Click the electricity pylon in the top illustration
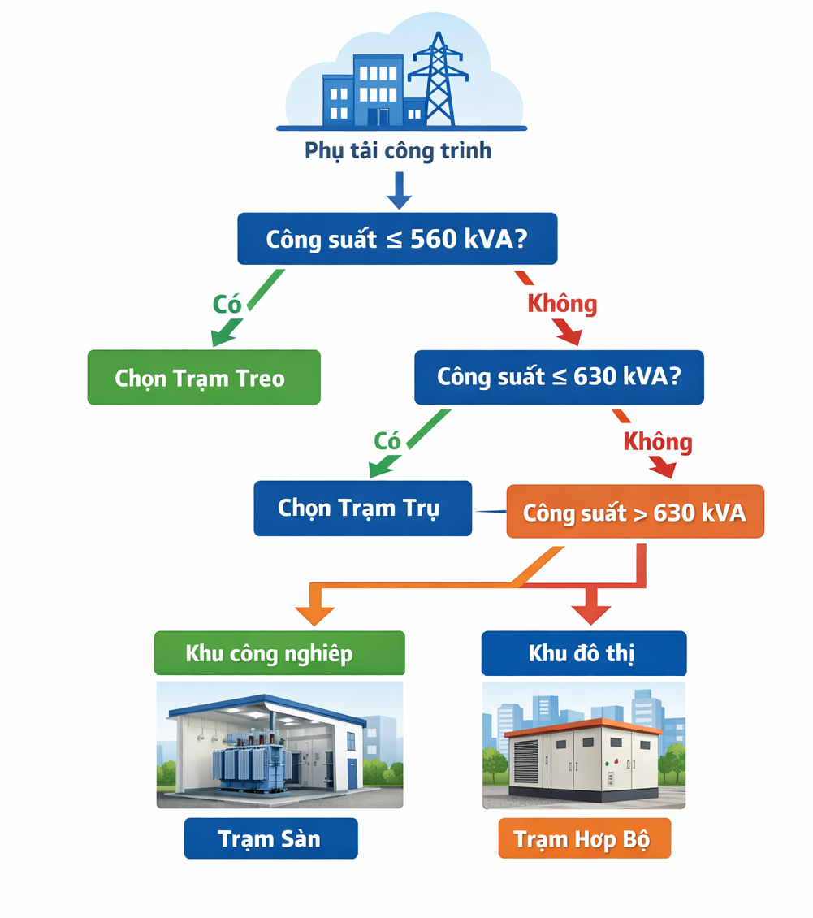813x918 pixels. coord(439,81)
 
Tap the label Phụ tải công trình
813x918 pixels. coord(398,151)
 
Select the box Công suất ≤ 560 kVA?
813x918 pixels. coord(397,239)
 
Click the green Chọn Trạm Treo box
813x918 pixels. coord(204,378)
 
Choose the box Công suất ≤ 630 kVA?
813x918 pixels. coord(559,377)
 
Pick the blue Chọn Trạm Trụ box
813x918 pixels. coord(362,509)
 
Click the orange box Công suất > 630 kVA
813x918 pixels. coord(635,513)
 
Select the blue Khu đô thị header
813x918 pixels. coord(583,653)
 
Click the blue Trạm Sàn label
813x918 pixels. coord(270,838)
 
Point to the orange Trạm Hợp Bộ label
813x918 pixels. coord(585,838)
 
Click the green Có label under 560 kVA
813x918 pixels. coord(228,304)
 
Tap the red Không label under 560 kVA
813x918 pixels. coord(562,304)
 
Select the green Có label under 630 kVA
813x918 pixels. coord(387,440)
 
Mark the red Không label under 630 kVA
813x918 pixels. coord(657,442)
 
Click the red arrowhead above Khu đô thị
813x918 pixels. coord(590,614)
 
